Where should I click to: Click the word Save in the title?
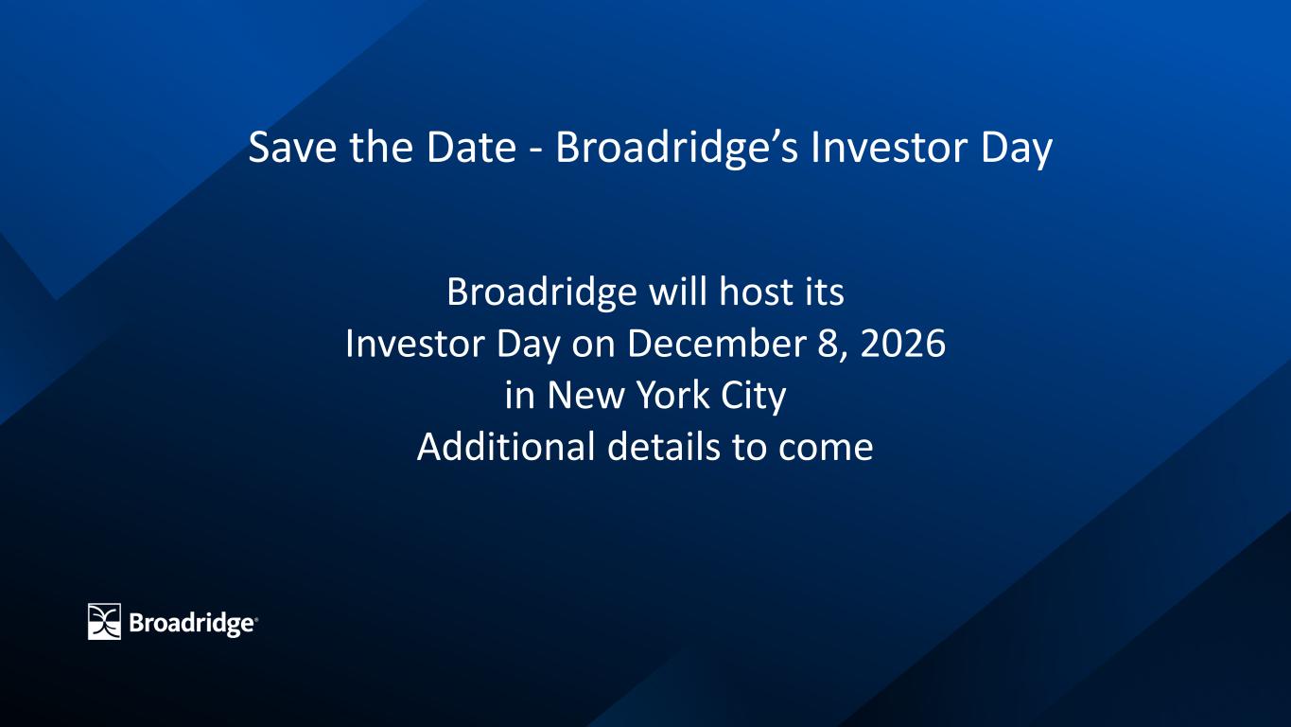(x=292, y=147)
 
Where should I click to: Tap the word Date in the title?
(x=471, y=147)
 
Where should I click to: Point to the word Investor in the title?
(x=889, y=147)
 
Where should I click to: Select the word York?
(x=672, y=396)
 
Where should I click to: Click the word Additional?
(x=506, y=447)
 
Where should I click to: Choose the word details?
(x=663, y=447)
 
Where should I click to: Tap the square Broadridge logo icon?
(x=104, y=621)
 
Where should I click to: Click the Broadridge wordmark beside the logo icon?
(x=193, y=624)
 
